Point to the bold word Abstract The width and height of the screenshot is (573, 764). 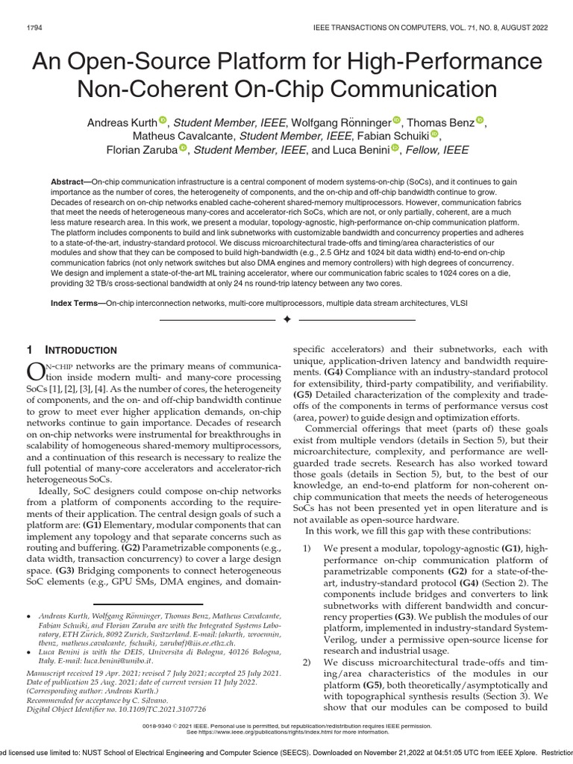69,183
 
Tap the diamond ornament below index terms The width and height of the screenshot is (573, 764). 286,320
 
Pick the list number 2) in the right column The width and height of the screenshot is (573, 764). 307,663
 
